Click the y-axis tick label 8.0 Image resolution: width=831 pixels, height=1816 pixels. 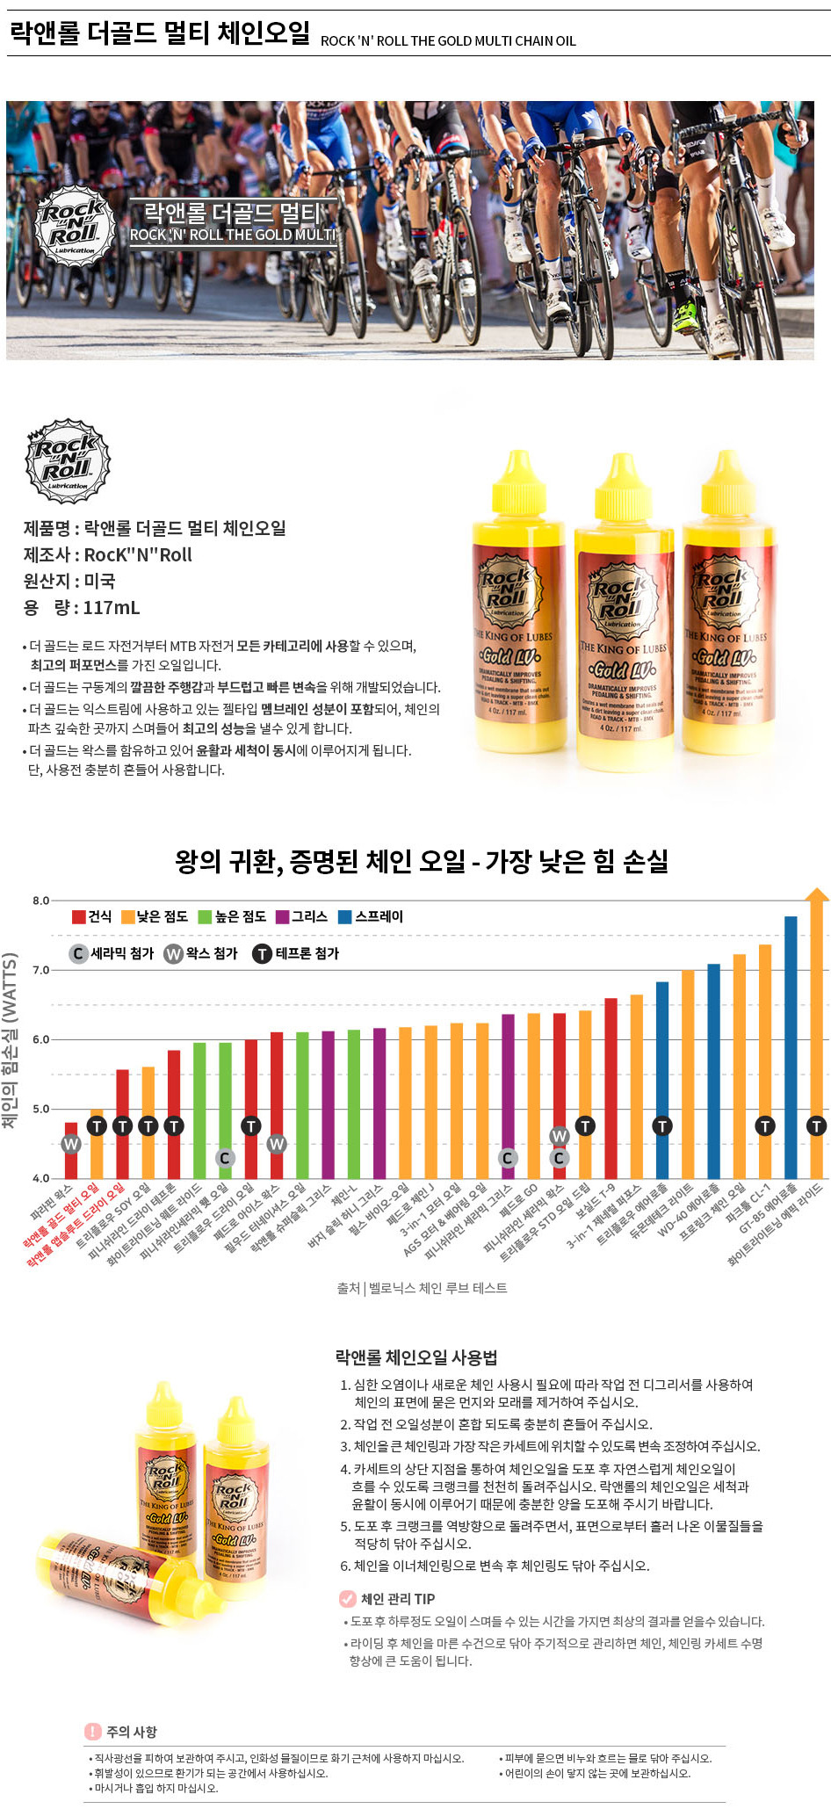coord(40,901)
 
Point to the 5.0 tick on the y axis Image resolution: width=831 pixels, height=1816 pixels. coord(40,1109)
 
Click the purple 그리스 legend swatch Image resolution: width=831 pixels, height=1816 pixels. coord(282,916)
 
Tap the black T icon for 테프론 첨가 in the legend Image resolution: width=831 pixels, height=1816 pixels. coord(262,953)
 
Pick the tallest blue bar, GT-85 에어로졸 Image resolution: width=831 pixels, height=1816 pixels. coord(791,1045)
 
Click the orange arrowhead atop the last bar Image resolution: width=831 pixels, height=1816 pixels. coord(817,895)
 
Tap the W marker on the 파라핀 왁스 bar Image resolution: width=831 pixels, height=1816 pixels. coord(71,1144)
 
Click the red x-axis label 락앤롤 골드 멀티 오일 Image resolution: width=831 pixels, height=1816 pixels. coord(61,1216)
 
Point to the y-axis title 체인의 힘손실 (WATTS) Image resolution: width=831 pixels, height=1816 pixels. coord(11,1041)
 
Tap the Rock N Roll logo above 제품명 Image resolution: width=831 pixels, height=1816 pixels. coord(68,461)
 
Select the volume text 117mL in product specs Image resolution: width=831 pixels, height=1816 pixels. coord(112,607)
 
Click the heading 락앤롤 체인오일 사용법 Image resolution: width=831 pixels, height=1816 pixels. coord(416,1357)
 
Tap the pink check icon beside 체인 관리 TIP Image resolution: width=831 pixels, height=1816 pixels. coord(348,1598)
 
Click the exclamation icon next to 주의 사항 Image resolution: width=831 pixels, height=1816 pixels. coord(93,1732)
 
